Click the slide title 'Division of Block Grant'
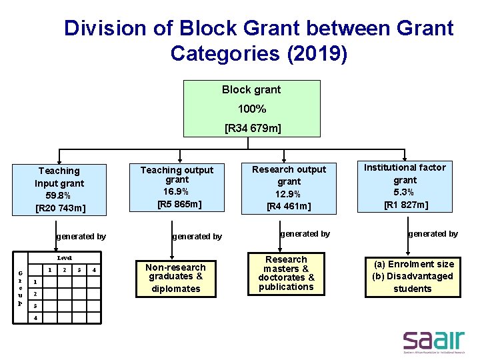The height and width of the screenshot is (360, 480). (x=259, y=40)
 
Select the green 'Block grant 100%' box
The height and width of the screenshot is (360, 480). (x=251, y=109)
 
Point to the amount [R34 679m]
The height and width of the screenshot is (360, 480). (x=252, y=127)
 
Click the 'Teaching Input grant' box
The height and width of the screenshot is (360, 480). (x=60, y=190)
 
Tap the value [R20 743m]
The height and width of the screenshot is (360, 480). (x=60, y=209)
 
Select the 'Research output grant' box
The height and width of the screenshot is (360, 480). (x=289, y=187)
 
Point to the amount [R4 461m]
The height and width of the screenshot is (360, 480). (x=289, y=206)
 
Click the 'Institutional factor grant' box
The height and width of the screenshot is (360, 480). (x=405, y=185)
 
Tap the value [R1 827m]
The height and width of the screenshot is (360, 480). (x=405, y=205)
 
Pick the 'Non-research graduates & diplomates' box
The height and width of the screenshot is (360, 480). (x=175, y=277)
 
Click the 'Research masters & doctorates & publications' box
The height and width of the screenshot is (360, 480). (x=286, y=273)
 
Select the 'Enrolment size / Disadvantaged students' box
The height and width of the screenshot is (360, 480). (x=413, y=276)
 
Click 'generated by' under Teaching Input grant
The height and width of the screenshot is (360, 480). (x=81, y=236)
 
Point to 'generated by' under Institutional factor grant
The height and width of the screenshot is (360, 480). (x=433, y=234)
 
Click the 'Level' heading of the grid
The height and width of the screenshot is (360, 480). (x=65, y=257)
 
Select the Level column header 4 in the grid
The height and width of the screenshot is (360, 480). (x=94, y=270)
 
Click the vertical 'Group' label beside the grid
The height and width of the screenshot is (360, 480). (x=20, y=289)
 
